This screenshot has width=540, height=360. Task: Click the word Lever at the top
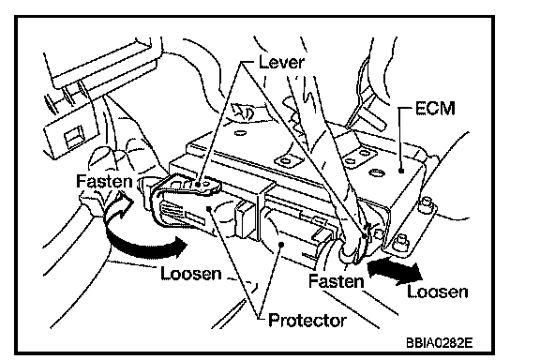click(281, 63)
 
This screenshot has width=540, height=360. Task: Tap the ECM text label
click(435, 108)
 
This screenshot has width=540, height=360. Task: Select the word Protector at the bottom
click(307, 321)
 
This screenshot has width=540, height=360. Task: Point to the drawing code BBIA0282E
click(440, 343)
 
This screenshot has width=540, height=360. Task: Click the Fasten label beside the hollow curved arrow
click(104, 181)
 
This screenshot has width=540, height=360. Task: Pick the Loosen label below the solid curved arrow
click(191, 274)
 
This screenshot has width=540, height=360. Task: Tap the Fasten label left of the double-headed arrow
click(337, 281)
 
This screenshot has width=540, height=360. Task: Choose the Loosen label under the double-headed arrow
click(438, 292)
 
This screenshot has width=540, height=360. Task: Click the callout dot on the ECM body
click(401, 171)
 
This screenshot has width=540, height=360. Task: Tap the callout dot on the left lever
click(198, 185)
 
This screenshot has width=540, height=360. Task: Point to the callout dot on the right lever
click(365, 236)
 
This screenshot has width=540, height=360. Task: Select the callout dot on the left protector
click(209, 208)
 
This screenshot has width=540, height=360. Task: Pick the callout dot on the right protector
click(281, 245)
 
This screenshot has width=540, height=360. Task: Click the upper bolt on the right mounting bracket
click(427, 202)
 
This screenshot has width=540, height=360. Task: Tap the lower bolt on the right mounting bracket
click(401, 240)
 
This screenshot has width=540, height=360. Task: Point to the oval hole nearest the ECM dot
click(377, 172)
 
